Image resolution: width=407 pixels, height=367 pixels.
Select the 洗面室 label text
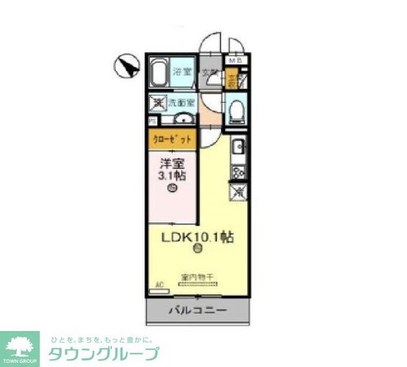181,103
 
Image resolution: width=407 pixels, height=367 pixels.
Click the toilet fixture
237,110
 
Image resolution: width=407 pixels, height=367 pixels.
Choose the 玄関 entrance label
210,74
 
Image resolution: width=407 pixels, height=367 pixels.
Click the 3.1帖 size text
171,175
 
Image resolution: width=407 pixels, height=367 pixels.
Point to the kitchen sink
238,149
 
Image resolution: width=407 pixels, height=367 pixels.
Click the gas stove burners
238,172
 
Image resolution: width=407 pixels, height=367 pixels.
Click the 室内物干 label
197,278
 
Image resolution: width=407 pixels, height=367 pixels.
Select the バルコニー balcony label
197,311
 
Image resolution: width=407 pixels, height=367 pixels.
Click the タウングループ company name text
104,354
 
